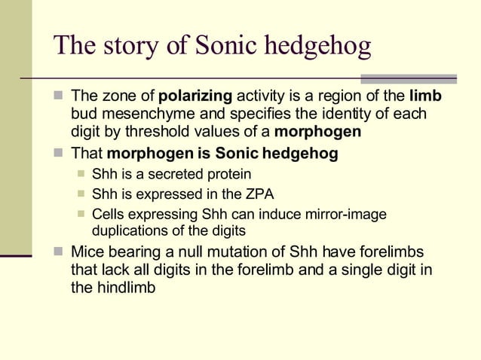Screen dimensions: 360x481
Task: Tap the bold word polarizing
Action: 196,96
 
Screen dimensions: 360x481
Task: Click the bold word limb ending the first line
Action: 425,96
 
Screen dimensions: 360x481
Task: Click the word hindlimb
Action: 125,287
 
